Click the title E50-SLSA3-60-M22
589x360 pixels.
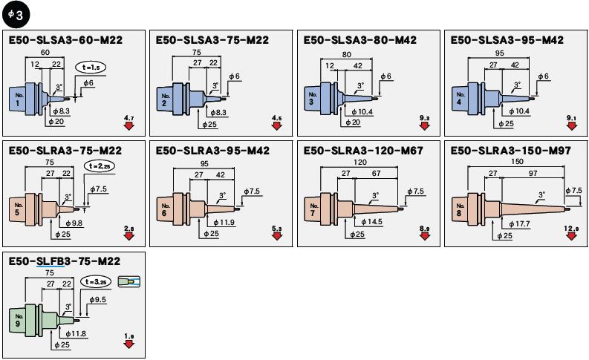[x=65, y=39]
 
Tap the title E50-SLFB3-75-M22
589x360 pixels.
[x=65, y=261]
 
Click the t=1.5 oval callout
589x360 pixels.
[x=91, y=68]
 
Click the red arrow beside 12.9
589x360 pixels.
[x=572, y=236]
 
